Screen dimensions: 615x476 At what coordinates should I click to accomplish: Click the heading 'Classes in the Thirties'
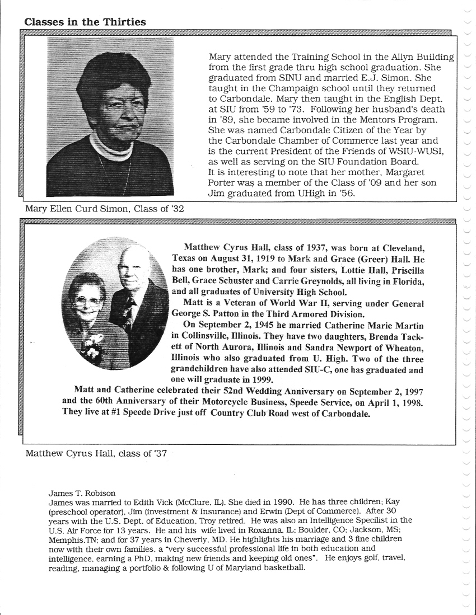85,22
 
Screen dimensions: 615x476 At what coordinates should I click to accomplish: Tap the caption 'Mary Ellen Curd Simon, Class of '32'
105,209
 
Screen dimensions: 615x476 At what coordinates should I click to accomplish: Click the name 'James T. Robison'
82,493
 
